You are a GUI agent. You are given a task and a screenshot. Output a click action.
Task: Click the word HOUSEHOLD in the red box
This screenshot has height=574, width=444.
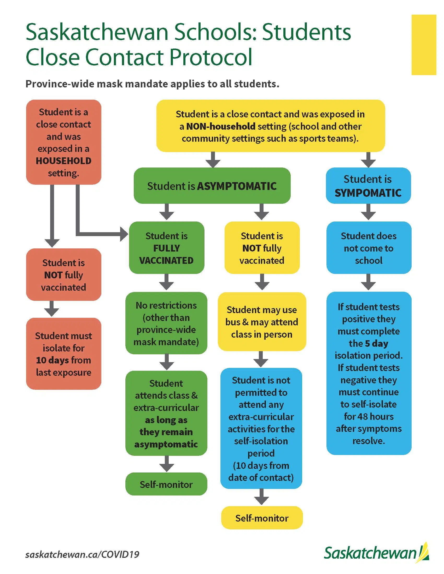click(63, 160)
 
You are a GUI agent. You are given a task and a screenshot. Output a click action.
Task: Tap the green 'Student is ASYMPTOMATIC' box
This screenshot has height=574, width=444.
click(212, 186)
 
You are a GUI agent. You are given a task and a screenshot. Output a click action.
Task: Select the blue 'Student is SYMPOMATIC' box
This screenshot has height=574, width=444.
click(368, 186)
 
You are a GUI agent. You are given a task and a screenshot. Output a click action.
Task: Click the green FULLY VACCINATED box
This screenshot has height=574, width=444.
click(167, 248)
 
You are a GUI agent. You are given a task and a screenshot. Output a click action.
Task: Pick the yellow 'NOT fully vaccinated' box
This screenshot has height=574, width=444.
click(262, 248)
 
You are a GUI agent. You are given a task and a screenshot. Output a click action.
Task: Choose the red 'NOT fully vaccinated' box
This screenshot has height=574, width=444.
click(63, 275)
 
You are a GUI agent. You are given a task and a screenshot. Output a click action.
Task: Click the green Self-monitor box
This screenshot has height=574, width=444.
click(166, 485)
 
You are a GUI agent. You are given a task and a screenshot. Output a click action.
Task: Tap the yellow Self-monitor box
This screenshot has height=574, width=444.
click(262, 518)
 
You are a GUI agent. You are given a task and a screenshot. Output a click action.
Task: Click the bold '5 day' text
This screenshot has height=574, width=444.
click(376, 344)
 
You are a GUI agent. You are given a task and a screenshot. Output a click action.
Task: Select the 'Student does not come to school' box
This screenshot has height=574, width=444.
click(369, 248)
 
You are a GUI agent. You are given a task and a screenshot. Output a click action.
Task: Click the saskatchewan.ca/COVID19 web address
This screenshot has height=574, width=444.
click(82, 554)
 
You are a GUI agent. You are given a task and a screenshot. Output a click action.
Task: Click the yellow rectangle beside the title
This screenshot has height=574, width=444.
click(423, 45)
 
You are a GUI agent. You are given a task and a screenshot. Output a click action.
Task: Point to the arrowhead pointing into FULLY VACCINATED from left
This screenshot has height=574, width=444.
click(124, 234)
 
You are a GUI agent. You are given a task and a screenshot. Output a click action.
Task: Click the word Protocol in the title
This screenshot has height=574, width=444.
click(211, 57)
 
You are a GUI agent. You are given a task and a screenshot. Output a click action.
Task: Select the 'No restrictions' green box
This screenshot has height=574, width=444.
click(166, 323)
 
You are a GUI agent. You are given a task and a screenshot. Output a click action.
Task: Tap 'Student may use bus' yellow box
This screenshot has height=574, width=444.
click(262, 322)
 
